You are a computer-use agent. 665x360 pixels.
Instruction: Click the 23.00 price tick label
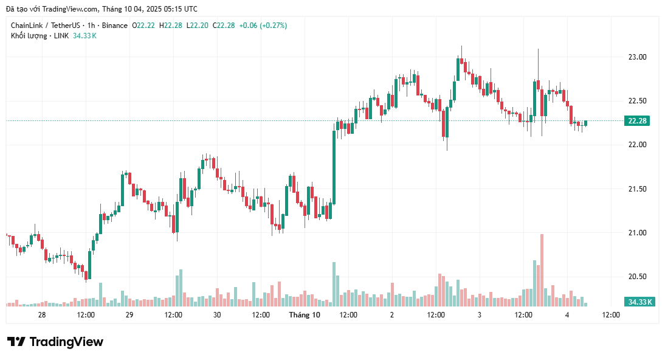637,57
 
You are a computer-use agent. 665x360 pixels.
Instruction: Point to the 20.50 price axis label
637,277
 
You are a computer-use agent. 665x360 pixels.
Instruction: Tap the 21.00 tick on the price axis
637,233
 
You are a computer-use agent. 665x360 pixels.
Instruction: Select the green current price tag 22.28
636,121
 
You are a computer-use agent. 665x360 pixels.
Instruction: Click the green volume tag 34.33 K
639,302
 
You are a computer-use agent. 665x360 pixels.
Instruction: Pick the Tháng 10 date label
305,315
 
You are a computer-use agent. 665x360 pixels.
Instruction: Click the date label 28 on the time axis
42,315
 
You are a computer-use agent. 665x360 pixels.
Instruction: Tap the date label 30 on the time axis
217,315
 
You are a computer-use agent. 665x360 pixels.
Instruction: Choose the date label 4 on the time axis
567,315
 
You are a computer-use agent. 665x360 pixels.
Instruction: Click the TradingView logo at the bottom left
55,342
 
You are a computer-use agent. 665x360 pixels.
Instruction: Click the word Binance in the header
115,26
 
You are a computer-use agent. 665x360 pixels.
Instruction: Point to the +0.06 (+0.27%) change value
263,26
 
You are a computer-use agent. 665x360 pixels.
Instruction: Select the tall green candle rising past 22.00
334,167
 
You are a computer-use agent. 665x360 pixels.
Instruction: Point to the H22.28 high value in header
170,26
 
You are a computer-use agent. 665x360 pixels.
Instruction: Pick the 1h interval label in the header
92,26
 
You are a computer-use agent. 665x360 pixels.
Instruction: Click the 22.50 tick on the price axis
637,101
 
